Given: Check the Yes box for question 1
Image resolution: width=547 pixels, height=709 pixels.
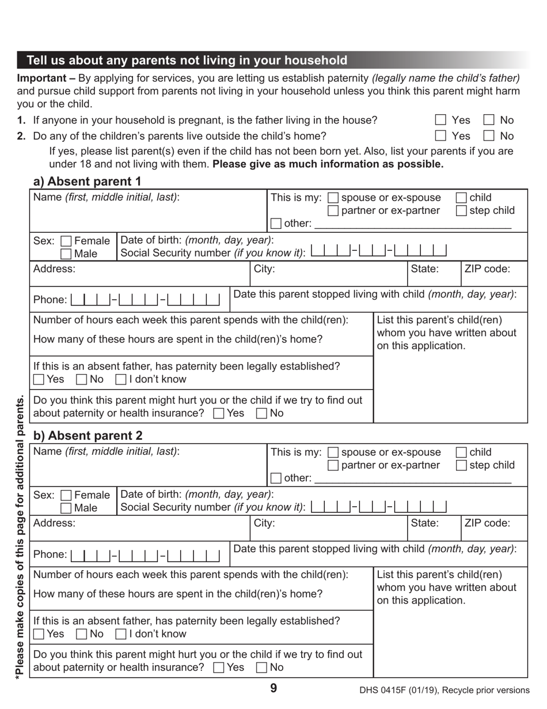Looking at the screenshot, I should [x=440, y=120].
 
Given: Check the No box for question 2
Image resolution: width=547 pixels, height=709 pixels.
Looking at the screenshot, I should [x=489, y=136].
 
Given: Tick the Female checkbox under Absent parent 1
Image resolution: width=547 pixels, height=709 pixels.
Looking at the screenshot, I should [x=66, y=241].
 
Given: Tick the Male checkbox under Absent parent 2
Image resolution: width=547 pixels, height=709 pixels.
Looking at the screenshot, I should [x=66, y=508].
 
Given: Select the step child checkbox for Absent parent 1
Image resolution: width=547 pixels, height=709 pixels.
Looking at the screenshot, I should [x=461, y=210].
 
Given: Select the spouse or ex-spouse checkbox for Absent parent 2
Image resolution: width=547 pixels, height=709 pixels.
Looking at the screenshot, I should [x=333, y=452].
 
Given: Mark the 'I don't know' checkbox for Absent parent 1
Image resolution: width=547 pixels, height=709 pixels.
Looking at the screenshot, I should [x=120, y=379].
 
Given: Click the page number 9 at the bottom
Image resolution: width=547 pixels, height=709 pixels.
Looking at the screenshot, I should [x=273, y=688].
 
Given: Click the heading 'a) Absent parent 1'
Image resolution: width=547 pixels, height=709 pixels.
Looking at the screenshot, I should [x=87, y=182].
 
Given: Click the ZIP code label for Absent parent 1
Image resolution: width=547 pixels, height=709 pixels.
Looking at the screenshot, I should [x=487, y=269].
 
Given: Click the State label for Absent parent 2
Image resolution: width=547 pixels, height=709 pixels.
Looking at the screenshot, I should [x=425, y=523].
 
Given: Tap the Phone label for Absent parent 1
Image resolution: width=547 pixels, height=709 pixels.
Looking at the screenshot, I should [x=50, y=300].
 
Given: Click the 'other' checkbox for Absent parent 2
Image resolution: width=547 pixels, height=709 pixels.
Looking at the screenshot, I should [x=276, y=478].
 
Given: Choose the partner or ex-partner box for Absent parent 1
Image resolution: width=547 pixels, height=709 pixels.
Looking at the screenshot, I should [x=333, y=210].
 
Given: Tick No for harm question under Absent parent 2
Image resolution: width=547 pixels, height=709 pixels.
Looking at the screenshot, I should [x=261, y=667].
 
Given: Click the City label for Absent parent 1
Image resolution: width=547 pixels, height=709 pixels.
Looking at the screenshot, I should [x=264, y=269].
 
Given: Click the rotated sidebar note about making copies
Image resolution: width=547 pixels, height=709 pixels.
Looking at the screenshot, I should [x=20, y=536].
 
